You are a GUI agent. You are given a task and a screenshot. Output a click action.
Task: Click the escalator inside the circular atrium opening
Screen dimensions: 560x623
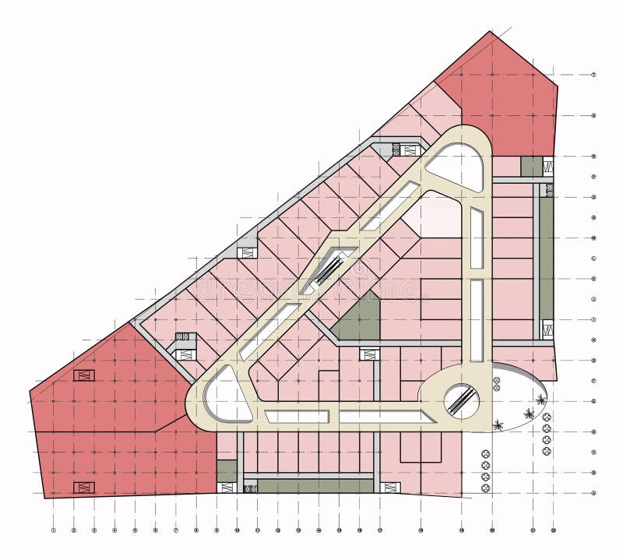[461, 400]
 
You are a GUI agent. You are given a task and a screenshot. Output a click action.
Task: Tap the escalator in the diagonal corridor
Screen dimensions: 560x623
[329, 269]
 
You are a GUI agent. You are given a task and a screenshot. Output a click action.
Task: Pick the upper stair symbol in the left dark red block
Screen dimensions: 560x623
[83, 375]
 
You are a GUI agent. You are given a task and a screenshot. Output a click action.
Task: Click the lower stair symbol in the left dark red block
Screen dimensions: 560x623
[83, 488]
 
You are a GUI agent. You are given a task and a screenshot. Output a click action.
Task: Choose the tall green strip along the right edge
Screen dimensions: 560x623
[547, 257]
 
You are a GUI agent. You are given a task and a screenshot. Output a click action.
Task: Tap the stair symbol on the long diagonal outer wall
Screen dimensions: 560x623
[247, 252]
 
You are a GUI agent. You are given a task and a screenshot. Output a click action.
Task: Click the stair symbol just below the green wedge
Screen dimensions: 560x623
[369, 354]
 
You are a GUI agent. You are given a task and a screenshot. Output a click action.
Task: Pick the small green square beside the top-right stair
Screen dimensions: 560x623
[531, 166]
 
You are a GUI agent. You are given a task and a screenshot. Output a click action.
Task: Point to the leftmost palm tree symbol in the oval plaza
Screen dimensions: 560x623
[498, 424]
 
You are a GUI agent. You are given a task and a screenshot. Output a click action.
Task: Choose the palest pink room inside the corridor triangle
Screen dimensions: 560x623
[440, 214]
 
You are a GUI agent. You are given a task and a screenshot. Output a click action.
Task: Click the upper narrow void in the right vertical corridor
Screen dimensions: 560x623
[477, 238]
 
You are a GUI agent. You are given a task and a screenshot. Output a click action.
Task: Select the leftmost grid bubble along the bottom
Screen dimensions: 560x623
[54, 530]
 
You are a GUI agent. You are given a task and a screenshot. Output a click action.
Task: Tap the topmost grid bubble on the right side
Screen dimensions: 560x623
[593, 75]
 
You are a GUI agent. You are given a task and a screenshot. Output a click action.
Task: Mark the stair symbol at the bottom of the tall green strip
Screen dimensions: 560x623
[547, 329]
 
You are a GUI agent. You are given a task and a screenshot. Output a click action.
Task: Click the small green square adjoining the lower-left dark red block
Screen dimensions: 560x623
[227, 470]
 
